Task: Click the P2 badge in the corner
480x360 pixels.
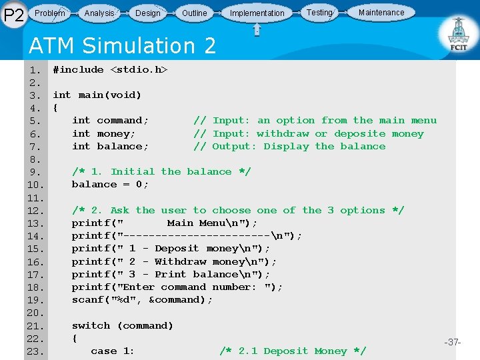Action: tap(14, 14)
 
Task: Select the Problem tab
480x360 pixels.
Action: tap(50, 13)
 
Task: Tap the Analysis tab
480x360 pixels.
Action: tap(99, 13)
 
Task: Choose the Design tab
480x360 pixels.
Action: tap(147, 13)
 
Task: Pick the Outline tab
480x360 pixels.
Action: tap(194, 13)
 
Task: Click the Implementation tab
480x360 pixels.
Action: tap(257, 13)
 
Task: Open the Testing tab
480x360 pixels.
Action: tap(319, 12)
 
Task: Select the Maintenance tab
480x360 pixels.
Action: tap(381, 12)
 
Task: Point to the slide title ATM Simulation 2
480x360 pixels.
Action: tap(123, 45)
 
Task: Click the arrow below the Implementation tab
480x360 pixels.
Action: tap(257, 30)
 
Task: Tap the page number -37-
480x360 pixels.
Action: tap(453, 342)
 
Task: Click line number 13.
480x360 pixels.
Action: tap(35, 223)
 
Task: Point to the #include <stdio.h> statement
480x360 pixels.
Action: tap(110, 69)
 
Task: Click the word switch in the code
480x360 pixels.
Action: tap(91, 325)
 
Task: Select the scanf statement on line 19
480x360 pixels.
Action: tap(142, 299)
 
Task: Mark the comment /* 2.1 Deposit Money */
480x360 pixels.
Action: tap(293, 351)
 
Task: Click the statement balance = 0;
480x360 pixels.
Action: tap(110, 184)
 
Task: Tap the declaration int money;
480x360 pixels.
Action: tap(103, 133)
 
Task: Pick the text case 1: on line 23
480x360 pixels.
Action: tap(113, 351)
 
